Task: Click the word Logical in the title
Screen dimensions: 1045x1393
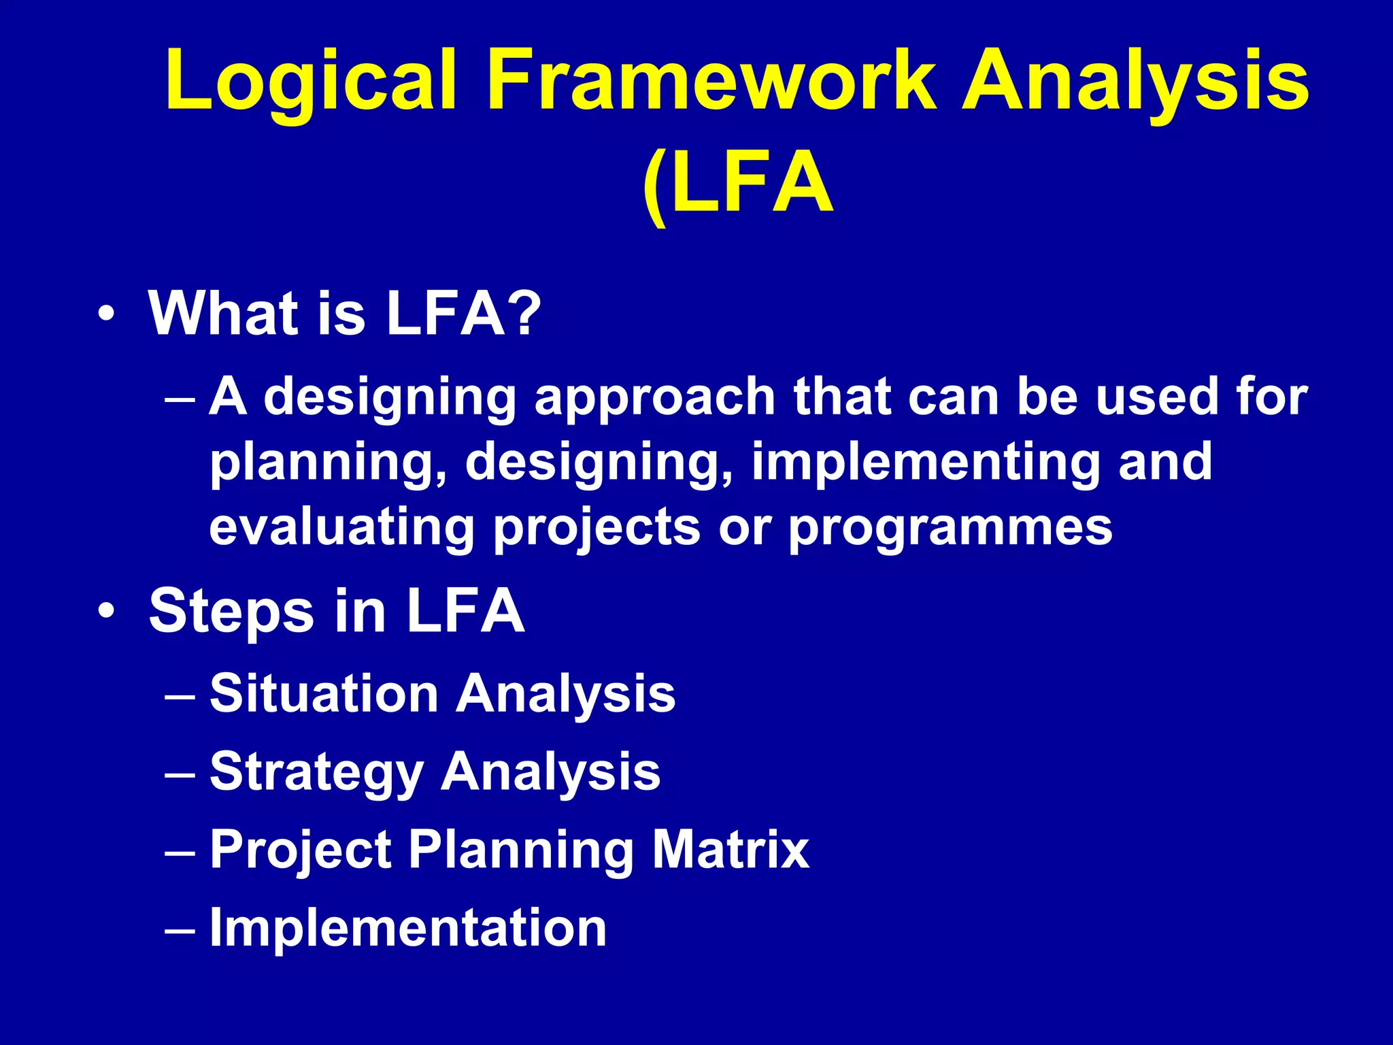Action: [x=310, y=80]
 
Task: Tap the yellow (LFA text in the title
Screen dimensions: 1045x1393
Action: [x=737, y=184]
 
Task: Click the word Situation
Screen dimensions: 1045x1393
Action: [x=324, y=694]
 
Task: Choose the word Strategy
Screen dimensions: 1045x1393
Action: [x=316, y=773]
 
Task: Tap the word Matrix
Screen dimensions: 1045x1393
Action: [x=731, y=850]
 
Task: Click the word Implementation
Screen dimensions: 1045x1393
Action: [x=408, y=928]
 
